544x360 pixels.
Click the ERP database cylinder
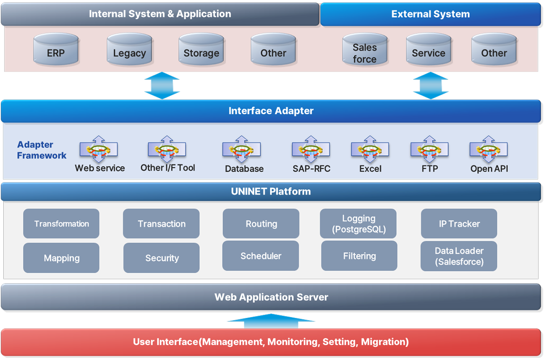(56, 50)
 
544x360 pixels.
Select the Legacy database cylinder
(129, 50)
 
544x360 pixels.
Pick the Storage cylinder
(201, 50)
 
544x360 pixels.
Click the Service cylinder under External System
(428, 50)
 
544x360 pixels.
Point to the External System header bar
(430, 14)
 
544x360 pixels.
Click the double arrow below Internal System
(162, 85)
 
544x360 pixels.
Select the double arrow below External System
(431, 85)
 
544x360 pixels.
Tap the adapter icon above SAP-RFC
(311, 149)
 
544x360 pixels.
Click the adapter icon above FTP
(429, 149)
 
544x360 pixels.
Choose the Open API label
(489, 169)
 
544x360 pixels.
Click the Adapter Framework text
(41, 150)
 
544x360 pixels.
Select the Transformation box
(61, 224)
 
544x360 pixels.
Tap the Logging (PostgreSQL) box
(358, 224)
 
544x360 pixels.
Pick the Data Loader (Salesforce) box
(459, 256)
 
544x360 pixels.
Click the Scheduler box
(261, 256)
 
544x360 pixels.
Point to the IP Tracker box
(459, 224)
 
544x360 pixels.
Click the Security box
(162, 258)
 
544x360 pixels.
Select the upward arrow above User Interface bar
(271, 321)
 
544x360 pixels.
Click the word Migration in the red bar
(383, 342)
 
